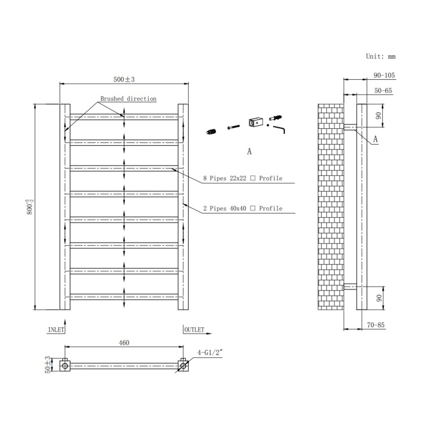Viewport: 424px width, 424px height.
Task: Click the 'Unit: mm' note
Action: coord(380,57)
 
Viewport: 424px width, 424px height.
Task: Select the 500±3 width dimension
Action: coord(124,79)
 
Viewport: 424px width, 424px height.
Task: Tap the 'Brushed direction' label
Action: coord(128,99)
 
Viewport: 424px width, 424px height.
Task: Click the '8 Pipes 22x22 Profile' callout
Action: coord(242,179)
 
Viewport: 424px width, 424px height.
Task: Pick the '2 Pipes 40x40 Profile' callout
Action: coord(242,209)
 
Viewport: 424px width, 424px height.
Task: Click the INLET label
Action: coord(56,328)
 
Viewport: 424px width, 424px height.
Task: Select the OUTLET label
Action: coord(194,328)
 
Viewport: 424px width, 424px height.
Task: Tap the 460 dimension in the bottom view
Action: coord(124,343)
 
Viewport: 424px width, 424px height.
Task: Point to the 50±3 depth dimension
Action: coord(48,365)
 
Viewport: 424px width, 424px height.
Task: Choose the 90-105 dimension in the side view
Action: coord(384,75)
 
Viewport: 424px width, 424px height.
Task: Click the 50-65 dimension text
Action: coord(383,90)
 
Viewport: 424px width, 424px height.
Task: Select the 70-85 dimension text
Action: coord(376,325)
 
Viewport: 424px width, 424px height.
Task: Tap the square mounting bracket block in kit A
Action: coord(256,122)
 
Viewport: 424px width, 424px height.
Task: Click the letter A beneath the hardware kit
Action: coord(249,152)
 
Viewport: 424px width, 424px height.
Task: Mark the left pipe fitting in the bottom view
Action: coord(66,366)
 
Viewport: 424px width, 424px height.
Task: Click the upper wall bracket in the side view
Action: coord(350,127)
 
